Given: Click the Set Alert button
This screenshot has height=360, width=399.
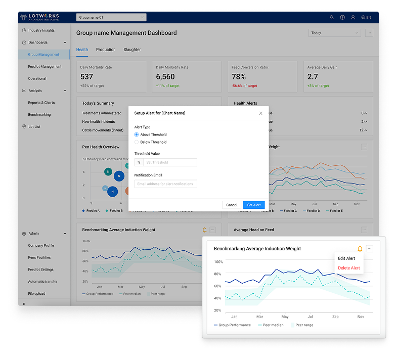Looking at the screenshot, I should click(x=253, y=205).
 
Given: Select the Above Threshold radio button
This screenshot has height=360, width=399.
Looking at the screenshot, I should click(x=137, y=134).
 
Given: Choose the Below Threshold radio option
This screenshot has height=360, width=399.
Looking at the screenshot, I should click(x=137, y=142).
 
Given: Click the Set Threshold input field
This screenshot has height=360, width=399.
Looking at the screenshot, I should click(x=169, y=162).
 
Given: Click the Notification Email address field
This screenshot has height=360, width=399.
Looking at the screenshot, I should click(x=165, y=184).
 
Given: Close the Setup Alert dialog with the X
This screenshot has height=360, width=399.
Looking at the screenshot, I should click(x=261, y=113).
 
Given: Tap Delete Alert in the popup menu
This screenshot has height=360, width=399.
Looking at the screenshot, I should click(x=348, y=268).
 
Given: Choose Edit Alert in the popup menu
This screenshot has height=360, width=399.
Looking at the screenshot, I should click(x=346, y=258).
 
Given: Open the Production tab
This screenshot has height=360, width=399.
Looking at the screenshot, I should click(x=106, y=50).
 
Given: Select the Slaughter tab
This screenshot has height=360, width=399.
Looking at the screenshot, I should click(x=132, y=50).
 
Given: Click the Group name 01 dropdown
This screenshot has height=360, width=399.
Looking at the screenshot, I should click(x=111, y=17).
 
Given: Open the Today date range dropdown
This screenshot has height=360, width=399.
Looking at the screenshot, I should click(x=334, y=33).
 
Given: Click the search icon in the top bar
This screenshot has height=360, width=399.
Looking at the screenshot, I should click(x=332, y=17).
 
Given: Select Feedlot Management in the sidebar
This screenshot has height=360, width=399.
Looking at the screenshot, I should click(x=45, y=66).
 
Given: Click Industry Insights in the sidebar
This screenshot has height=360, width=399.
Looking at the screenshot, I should click(x=41, y=30).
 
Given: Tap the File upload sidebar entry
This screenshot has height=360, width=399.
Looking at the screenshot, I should click(x=36, y=293).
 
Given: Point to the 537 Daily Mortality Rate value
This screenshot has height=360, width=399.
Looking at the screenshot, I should click(x=87, y=77).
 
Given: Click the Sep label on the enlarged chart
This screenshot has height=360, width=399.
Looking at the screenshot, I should click(x=335, y=317).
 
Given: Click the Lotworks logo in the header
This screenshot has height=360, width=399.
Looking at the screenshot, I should click(x=39, y=17).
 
